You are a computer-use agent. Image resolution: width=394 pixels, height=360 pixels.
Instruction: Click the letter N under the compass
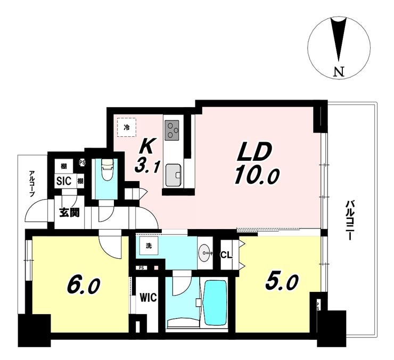[339, 72]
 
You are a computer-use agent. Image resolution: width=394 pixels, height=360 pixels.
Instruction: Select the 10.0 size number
[257, 176]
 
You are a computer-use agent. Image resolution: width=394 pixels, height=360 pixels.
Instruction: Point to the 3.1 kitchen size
[147, 167]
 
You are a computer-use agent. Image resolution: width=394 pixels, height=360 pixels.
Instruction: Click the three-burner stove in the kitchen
[172, 130]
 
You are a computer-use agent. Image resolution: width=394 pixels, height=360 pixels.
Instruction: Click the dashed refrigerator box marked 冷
[127, 127]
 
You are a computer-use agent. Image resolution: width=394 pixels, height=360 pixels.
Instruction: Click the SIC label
[64, 181]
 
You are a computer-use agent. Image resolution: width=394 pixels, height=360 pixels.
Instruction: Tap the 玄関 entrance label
[69, 212]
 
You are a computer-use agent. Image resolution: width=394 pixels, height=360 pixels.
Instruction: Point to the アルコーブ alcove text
[32, 184]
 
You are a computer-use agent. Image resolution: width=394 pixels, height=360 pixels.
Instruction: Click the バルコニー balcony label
[349, 220]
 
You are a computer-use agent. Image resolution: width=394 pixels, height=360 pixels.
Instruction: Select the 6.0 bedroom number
[84, 285]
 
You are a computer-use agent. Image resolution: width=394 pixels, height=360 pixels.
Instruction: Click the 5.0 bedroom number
[282, 282]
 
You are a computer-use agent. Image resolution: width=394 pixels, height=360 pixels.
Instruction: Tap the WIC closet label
[148, 298]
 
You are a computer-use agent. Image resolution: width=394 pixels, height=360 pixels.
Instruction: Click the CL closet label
[226, 255]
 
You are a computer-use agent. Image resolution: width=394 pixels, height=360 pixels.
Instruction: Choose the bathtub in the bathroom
[215, 303]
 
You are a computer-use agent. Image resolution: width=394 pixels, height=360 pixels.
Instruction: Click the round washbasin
[204, 252]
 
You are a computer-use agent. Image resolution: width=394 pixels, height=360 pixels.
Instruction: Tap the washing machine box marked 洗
[149, 246]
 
